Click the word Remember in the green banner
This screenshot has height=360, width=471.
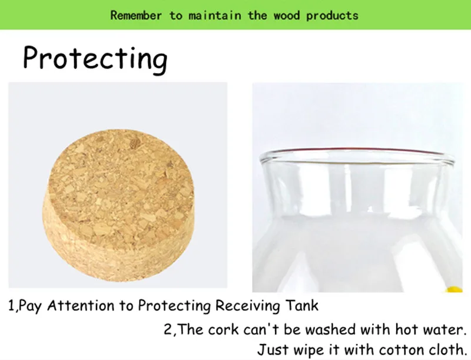tap(136, 15)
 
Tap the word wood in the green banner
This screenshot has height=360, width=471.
tap(287, 15)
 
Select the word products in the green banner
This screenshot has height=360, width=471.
tap(332, 16)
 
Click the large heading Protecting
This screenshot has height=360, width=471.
tap(95, 58)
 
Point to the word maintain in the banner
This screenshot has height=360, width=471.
tap(214, 15)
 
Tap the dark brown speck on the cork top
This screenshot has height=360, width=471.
tap(135, 142)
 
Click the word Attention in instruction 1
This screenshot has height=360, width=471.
tap(81, 306)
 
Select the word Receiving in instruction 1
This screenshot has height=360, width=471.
tap(247, 306)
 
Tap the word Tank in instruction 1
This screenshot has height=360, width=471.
tap(301, 305)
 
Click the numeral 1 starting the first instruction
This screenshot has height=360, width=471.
tap(11, 306)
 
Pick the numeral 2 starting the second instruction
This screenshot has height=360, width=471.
tap(168, 329)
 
